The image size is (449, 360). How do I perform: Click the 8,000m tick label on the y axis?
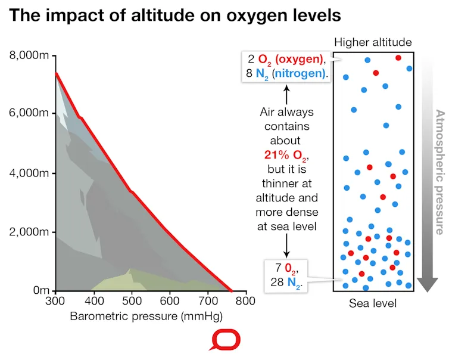click(x=29, y=55)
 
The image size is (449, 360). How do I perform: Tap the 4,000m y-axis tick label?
click(x=29, y=173)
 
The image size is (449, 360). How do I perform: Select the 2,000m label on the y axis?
click(x=29, y=231)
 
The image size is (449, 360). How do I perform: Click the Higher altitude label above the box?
click(x=373, y=42)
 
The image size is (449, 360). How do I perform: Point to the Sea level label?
click(x=373, y=303)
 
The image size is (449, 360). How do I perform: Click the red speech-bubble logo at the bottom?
click(x=224, y=340)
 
